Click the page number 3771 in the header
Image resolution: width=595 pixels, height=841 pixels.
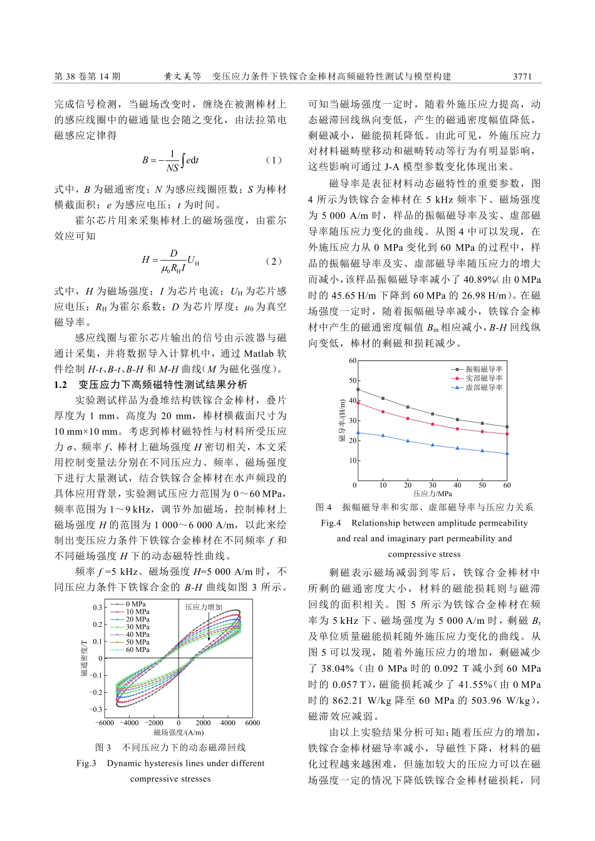click(x=522, y=76)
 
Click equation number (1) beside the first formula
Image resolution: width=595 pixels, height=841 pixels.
click(x=274, y=160)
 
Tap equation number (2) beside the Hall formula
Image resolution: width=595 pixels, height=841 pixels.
click(x=274, y=261)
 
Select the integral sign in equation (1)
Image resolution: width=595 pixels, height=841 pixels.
click(x=183, y=160)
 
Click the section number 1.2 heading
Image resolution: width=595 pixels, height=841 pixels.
click(x=61, y=384)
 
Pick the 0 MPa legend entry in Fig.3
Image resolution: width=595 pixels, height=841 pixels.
click(x=136, y=604)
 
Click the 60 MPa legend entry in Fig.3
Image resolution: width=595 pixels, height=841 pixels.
click(x=137, y=650)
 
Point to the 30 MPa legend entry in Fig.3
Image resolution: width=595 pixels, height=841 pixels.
click(x=137, y=627)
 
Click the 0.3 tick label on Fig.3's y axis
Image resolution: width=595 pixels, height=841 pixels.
click(x=98, y=608)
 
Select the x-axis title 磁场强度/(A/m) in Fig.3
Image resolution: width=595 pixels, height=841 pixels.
click(x=178, y=732)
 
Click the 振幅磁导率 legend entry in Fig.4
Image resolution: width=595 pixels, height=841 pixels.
click(x=484, y=370)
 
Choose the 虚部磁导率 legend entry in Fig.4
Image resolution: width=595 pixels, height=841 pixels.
click(x=484, y=388)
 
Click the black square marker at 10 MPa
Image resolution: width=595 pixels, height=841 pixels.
click(x=383, y=399)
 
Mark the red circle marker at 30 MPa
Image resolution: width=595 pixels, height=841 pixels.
click(x=432, y=424)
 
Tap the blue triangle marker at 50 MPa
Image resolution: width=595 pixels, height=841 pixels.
click(x=482, y=451)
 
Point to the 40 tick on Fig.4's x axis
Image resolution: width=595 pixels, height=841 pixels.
click(x=457, y=485)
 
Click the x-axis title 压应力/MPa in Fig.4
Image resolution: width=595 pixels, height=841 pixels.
click(x=432, y=494)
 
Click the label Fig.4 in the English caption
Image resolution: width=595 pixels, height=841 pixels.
click(x=331, y=522)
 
